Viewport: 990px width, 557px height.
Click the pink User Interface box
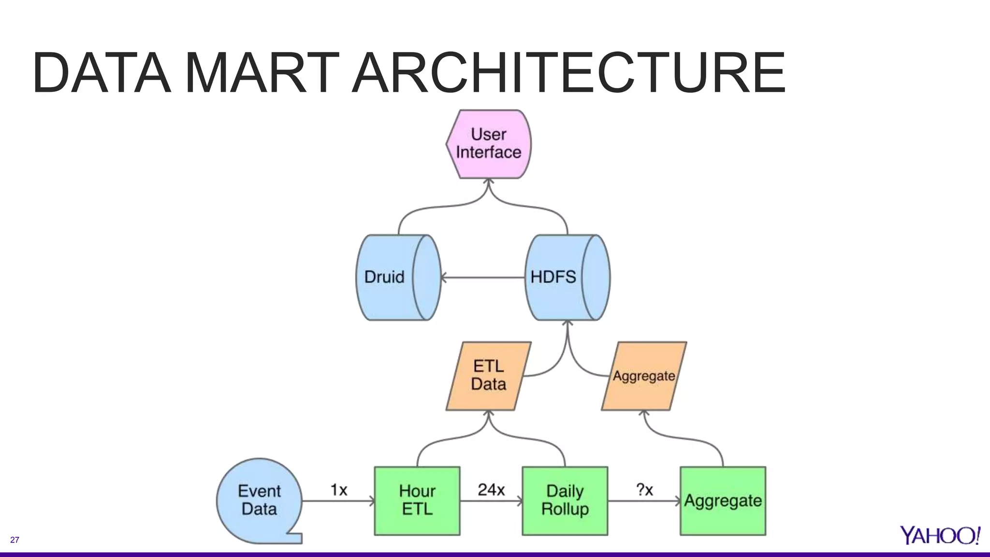[x=488, y=144]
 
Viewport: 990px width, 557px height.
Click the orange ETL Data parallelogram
[x=488, y=376]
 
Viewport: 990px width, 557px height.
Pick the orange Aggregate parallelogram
[x=644, y=376]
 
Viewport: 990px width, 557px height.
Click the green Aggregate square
[x=723, y=500]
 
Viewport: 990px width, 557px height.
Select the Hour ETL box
[x=417, y=500]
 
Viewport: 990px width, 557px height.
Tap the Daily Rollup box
[x=565, y=500]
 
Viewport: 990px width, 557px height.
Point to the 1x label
[x=339, y=490]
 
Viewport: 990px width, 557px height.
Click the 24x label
[x=491, y=490]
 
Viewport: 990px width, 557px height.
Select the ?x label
[x=644, y=490]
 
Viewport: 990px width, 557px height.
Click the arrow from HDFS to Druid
[x=483, y=278]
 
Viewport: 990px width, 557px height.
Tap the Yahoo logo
[x=940, y=535]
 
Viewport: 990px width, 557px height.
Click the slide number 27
[x=15, y=540]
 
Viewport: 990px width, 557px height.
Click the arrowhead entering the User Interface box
[x=489, y=182]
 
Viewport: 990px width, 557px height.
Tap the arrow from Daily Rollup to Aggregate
[x=644, y=501]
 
